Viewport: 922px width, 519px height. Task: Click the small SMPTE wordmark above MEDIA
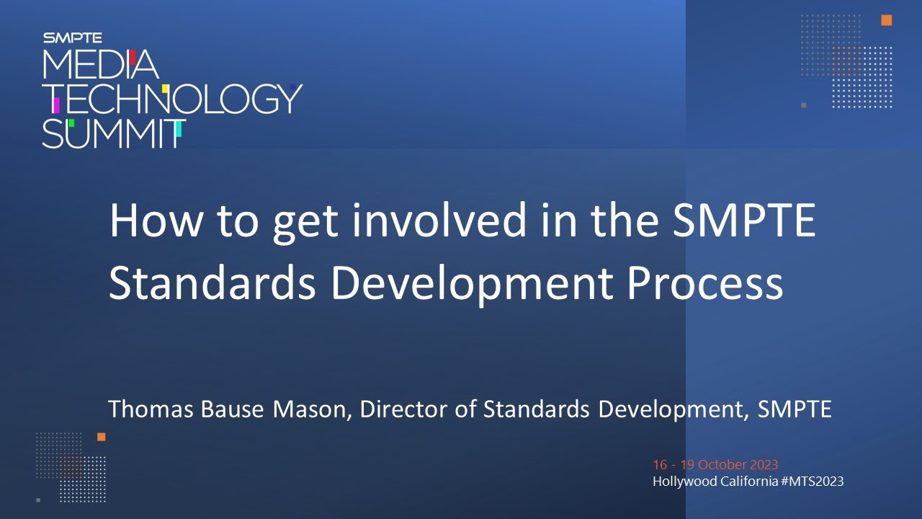(x=73, y=38)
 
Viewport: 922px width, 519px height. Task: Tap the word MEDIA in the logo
(x=100, y=64)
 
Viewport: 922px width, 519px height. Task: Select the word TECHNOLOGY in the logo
(x=173, y=99)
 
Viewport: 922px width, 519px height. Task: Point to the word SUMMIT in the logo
(x=114, y=134)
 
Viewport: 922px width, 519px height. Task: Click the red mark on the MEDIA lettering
(x=133, y=57)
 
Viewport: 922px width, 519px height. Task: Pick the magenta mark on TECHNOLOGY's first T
(x=56, y=105)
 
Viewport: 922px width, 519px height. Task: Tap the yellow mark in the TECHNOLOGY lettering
(x=165, y=89)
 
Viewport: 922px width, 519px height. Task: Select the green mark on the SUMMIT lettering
(x=71, y=123)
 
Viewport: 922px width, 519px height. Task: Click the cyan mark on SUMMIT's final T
(x=178, y=129)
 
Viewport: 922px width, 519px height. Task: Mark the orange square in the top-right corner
(x=886, y=20)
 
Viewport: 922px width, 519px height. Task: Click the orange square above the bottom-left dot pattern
(x=102, y=437)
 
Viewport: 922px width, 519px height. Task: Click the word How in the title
(x=156, y=221)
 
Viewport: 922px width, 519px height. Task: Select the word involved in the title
(x=439, y=220)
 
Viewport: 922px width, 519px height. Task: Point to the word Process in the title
(x=704, y=284)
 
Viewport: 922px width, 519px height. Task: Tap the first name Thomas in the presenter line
(x=151, y=409)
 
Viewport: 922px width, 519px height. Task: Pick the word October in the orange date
(x=722, y=465)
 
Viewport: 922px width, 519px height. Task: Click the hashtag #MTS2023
(x=812, y=481)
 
